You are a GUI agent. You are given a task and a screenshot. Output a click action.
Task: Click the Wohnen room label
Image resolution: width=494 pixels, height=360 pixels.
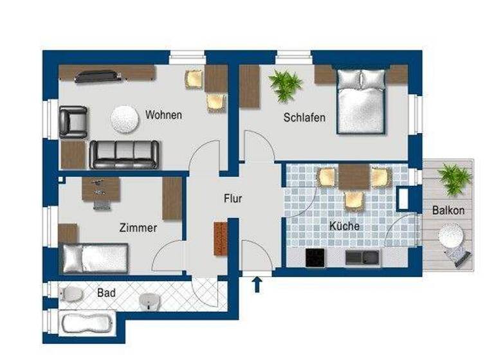click(x=163, y=116)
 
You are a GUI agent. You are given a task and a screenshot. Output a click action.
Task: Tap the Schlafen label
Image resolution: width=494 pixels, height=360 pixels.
click(x=304, y=118)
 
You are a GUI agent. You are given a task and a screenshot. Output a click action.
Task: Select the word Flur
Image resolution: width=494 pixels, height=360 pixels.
click(x=233, y=199)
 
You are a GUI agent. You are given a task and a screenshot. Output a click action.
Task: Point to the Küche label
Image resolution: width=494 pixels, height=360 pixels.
click(x=344, y=226)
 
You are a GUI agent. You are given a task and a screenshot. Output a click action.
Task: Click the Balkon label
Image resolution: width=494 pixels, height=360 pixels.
click(x=448, y=210)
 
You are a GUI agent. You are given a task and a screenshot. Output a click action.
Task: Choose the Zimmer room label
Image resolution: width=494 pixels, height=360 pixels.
click(x=138, y=228)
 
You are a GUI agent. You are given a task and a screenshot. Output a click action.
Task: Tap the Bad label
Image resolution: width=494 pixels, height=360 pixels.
click(x=106, y=292)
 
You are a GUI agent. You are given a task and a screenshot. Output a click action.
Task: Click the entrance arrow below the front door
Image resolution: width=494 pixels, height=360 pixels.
click(x=257, y=284)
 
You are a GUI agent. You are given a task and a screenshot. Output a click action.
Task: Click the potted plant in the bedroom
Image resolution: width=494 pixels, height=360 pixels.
click(x=285, y=85)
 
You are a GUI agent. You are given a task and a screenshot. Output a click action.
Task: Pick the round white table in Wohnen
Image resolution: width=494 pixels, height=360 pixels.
click(x=124, y=118)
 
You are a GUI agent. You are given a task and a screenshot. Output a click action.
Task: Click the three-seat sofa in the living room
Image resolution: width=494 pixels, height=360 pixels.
click(x=123, y=153)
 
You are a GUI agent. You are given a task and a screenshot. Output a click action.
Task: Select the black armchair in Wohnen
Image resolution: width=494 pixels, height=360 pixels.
click(x=73, y=122)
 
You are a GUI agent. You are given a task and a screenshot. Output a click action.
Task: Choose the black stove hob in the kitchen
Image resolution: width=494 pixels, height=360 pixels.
click(x=316, y=258)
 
